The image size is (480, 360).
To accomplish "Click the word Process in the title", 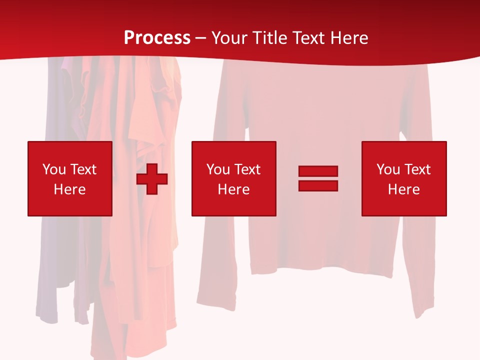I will point(157,38).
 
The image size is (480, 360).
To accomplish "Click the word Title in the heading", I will point(271,38).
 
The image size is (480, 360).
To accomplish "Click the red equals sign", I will point(318,178).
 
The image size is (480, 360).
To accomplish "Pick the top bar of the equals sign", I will point(318,171).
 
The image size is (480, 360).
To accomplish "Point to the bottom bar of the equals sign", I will point(318,185).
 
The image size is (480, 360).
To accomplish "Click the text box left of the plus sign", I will point(70,178).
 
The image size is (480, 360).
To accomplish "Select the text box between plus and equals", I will point(234,178).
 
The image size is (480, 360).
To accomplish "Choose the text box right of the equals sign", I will point(404,178).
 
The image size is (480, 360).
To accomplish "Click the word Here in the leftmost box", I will point(70,189).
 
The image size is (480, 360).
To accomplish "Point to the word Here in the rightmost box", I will point(404,189).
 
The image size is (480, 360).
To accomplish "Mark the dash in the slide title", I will point(200,38).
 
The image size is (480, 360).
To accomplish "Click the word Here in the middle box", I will point(234,189).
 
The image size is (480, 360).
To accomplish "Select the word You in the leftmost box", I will point(54,169).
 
